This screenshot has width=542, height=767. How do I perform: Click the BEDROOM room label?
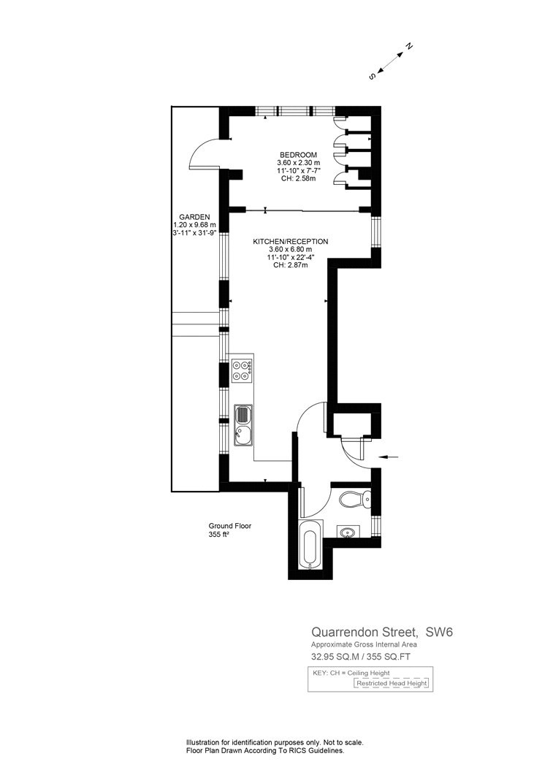click(299, 155)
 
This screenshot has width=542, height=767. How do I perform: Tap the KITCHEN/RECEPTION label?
click(291, 242)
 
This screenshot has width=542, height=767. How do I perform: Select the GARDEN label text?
click(194, 217)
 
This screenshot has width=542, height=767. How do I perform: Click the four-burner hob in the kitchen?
click(242, 370)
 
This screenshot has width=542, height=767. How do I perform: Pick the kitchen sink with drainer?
click(243, 426)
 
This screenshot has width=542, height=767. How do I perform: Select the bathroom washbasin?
click(348, 532)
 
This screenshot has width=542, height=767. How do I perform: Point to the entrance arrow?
click(389, 457)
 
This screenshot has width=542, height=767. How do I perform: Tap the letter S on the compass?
click(373, 77)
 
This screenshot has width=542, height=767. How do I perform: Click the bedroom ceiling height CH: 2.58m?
click(299, 178)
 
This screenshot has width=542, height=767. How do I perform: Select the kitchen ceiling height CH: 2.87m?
click(291, 265)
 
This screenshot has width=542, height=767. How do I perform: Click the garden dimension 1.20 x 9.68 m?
click(194, 224)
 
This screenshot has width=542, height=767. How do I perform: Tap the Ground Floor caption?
click(230, 526)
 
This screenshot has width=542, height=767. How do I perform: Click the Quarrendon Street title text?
click(365, 632)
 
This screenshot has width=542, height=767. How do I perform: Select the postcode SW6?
click(439, 632)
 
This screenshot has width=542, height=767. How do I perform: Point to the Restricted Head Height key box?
click(392, 683)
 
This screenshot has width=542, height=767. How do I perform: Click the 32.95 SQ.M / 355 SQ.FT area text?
click(361, 657)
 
